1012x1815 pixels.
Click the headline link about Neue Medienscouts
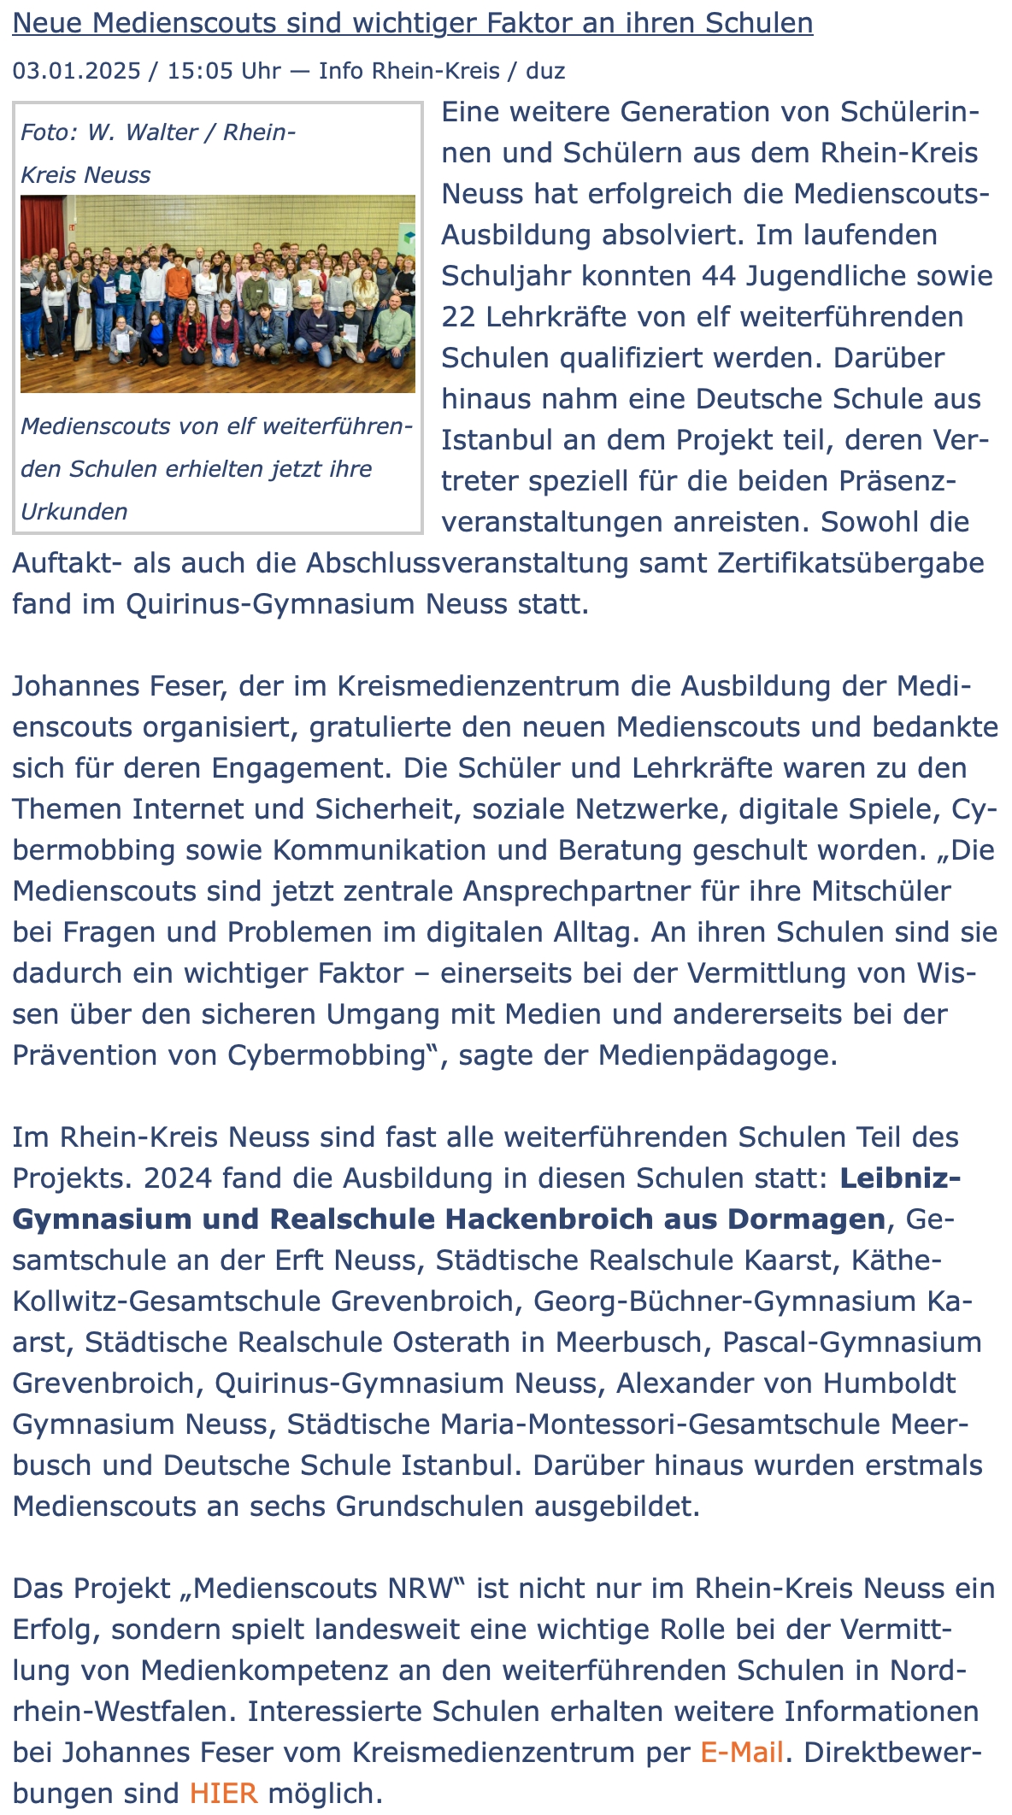click(x=412, y=23)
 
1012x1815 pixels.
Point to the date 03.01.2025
click(x=76, y=70)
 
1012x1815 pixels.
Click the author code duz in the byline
click(x=545, y=70)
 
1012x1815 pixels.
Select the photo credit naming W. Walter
click(x=158, y=153)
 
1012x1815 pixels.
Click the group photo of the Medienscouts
click(x=218, y=294)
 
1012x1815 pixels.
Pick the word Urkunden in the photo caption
click(x=74, y=511)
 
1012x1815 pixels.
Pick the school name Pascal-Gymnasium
click(x=851, y=1342)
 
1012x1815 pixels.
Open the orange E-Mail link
click(x=742, y=1753)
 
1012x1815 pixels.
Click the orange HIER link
click(x=224, y=1794)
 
